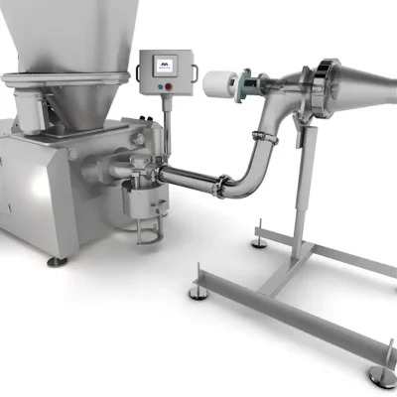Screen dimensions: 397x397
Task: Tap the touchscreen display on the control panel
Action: click(x=164, y=66)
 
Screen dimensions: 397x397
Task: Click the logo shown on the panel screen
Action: click(x=164, y=64)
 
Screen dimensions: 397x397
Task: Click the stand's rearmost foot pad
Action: click(x=260, y=241)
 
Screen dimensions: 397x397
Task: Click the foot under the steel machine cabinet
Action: click(x=58, y=261)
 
